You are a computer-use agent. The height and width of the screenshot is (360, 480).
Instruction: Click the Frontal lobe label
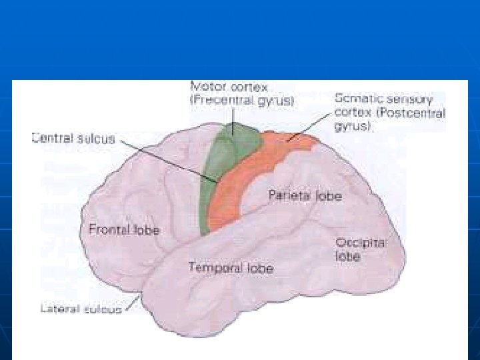pos(124,230)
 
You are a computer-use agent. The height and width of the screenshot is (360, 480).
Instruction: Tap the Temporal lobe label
pos(231,268)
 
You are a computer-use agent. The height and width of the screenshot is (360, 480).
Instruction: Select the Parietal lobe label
pos(305,196)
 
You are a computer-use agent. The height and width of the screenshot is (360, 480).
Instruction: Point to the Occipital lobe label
pos(361,249)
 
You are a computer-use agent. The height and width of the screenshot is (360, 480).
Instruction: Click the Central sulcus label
pos(73,139)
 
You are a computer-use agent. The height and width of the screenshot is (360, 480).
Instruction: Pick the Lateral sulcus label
pos(81,309)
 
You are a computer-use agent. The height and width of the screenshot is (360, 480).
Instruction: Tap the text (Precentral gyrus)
pos(243,101)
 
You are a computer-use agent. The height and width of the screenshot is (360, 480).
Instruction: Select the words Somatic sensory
pos(383,99)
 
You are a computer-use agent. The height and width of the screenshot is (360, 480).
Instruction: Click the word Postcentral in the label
pos(412,112)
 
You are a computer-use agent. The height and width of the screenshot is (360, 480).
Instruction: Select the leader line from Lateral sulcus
pos(135,303)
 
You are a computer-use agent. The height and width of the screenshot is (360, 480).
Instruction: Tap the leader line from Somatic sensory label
pos(310,127)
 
